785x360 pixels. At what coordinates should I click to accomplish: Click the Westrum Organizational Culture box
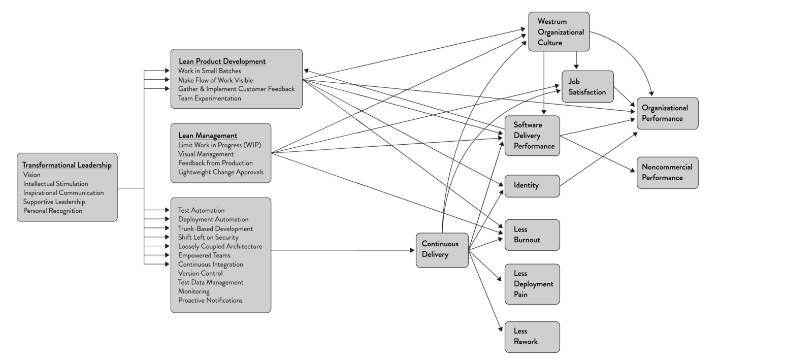(x=559, y=32)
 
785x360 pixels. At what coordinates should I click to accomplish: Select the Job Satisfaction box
(x=587, y=87)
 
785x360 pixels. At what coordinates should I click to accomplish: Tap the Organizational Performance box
(x=667, y=113)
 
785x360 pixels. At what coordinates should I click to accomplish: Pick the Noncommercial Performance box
(x=667, y=173)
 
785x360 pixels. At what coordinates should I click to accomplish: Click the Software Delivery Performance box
(x=532, y=136)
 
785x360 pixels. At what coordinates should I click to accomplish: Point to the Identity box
(x=532, y=186)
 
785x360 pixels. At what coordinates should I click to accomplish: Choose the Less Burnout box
(x=532, y=235)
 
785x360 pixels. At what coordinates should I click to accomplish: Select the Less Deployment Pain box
(x=532, y=284)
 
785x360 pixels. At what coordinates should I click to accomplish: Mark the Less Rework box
(x=532, y=337)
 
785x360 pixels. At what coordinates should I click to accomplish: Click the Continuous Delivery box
(x=442, y=250)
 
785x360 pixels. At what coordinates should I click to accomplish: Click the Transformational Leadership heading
(x=67, y=166)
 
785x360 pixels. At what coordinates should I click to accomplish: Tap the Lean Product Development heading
(x=222, y=61)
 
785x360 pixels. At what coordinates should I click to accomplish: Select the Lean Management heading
(x=208, y=136)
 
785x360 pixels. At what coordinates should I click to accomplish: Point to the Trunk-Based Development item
(x=215, y=228)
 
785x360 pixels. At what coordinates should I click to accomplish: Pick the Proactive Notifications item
(x=210, y=300)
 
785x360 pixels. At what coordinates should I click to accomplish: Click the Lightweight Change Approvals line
(x=221, y=172)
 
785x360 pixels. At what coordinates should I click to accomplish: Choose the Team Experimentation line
(x=210, y=99)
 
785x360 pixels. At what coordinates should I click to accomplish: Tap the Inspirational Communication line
(x=63, y=193)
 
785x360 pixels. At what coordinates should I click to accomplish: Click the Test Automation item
(x=201, y=210)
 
